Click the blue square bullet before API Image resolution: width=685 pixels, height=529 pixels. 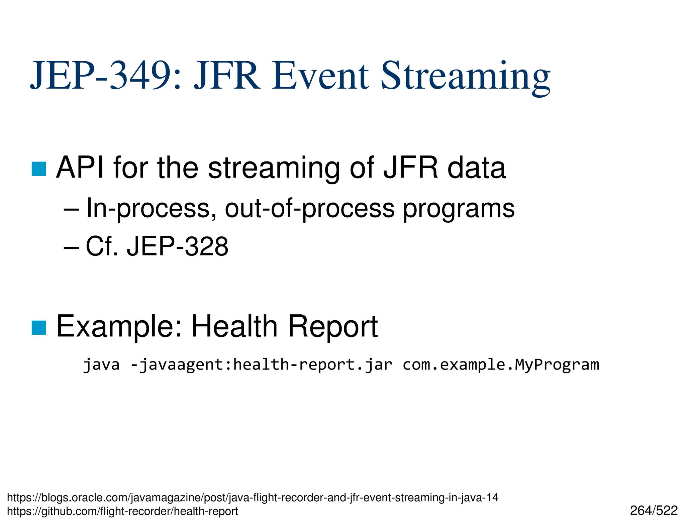click(39, 169)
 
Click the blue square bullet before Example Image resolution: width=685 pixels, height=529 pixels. click(39, 327)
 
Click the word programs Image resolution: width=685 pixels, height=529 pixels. click(458, 208)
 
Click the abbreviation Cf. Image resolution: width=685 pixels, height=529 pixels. click(102, 246)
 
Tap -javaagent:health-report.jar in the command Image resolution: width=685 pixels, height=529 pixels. click(261, 364)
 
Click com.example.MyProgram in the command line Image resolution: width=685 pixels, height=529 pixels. click(500, 364)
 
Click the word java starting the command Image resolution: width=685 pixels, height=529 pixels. click(101, 364)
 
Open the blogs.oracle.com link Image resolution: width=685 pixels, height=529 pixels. click(253, 498)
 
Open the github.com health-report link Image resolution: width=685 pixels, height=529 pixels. click(122, 511)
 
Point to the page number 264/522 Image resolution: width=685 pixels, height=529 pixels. click(654, 511)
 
